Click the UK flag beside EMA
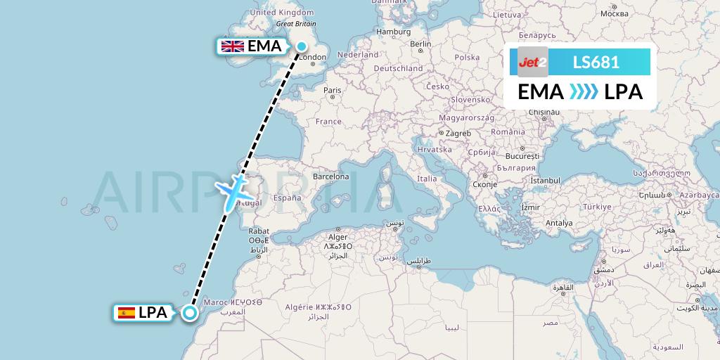click(232, 47)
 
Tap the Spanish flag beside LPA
click(127, 313)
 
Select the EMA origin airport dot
click(301, 47)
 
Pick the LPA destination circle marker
click(190, 313)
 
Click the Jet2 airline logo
click(532, 63)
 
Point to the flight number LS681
click(596, 63)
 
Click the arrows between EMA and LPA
click(584, 92)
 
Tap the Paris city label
click(332, 90)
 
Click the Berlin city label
click(420, 44)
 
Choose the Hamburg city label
click(393, 32)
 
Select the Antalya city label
click(560, 223)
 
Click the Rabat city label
click(259, 231)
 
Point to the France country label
click(328, 121)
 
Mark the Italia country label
click(427, 179)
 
